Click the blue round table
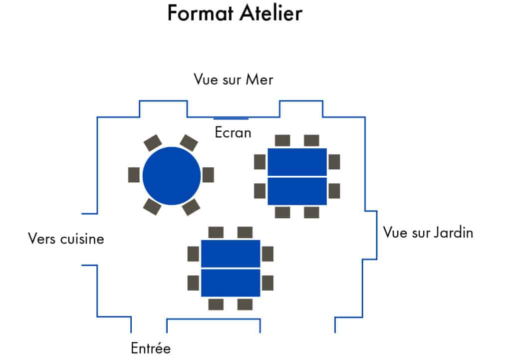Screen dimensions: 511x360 (172, 176)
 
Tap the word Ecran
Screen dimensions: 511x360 (233, 133)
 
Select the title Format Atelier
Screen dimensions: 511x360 (235, 13)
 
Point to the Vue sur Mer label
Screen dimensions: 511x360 (234, 79)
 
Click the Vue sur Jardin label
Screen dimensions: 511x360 (428, 233)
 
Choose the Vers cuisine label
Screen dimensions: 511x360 (66, 239)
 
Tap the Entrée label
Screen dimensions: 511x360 (151, 348)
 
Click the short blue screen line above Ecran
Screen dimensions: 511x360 (231, 119)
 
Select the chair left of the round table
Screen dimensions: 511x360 (134, 175)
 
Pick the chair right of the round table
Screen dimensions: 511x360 (208, 175)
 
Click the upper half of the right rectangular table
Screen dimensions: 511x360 (297, 162)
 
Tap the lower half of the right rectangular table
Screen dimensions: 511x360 (297, 191)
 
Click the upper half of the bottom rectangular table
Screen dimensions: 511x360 (231, 253)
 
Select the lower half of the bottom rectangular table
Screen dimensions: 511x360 (231, 283)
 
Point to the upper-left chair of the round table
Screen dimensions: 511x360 (153, 143)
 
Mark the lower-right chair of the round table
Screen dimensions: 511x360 (191, 207)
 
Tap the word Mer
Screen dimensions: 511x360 (259, 79)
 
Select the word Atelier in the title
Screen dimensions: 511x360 (271, 13)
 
